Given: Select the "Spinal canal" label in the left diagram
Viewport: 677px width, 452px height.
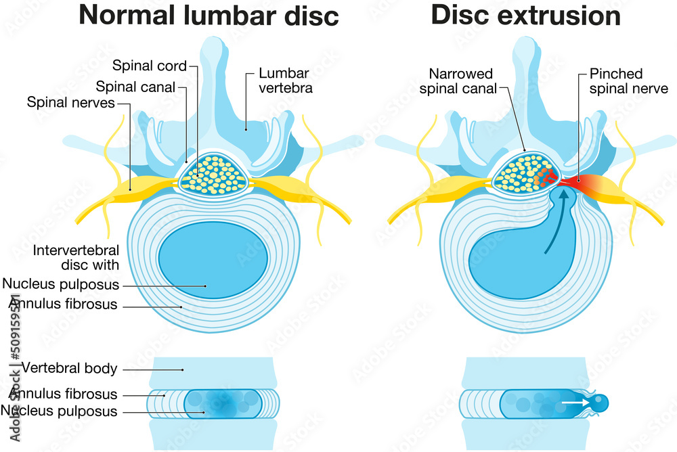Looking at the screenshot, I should (x=135, y=87).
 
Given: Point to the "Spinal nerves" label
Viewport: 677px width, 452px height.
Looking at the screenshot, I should (x=70, y=103).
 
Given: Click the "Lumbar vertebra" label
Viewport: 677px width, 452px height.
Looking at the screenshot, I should (x=284, y=81).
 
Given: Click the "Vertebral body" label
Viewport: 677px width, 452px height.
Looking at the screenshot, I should (x=70, y=369).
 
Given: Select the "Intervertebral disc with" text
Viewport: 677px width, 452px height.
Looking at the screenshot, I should (x=76, y=258).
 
